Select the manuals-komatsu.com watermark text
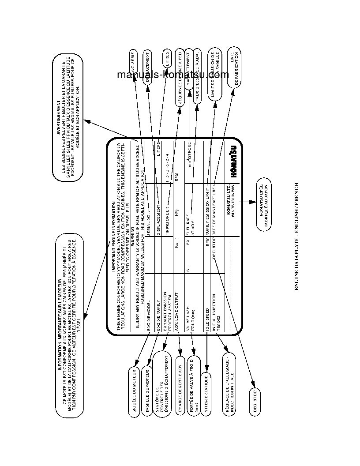point(173,75)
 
